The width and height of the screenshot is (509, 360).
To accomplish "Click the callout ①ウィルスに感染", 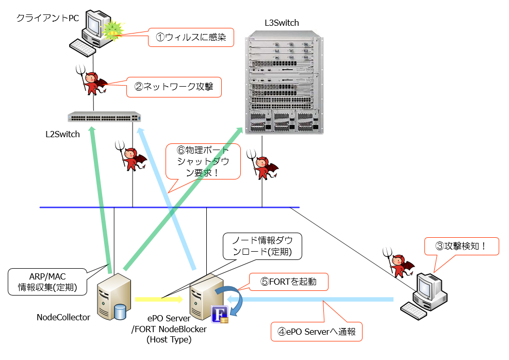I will (191, 37).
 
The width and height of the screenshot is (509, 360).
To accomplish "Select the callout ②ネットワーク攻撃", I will (174, 87).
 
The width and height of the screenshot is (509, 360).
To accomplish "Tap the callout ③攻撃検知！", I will (462, 246).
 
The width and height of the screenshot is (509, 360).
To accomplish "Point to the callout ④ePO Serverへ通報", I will (317, 332).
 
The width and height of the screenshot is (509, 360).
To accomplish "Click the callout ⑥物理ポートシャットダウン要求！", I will (202, 161).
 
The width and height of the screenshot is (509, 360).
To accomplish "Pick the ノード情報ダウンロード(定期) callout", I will (262, 247).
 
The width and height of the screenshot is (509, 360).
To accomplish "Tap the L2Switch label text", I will (62, 135).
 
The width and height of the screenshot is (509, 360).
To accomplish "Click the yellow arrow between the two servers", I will (158, 299).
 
